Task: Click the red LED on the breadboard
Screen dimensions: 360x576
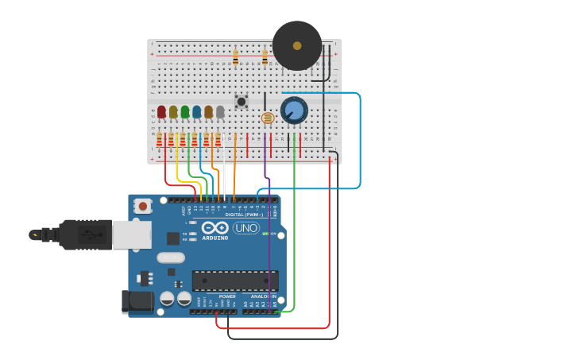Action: coord(161,112)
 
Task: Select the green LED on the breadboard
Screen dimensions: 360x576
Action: coord(185,112)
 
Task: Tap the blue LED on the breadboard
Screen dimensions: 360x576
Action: coord(196,112)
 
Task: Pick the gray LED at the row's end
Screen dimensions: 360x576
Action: coord(220,112)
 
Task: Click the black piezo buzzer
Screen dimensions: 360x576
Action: coord(297,45)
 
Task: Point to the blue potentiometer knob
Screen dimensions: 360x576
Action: coord(294,110)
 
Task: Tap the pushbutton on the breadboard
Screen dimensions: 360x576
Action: coord(241,101)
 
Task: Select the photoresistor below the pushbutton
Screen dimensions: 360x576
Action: coord(268,118)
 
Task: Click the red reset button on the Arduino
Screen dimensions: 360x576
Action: coord(142,206)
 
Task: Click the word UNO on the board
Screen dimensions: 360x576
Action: coord(246,228)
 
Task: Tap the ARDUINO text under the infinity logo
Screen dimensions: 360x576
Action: coord(215,238)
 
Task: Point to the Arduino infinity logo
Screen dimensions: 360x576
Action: coord(215,227)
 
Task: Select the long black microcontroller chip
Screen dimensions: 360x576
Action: coord(235,281)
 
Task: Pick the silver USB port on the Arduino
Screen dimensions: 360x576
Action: coord(131,234)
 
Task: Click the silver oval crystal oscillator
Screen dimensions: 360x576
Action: coord(170,257)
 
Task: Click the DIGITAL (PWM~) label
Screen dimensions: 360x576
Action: coord(245,215)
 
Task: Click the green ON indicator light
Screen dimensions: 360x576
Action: coord(265,234)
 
